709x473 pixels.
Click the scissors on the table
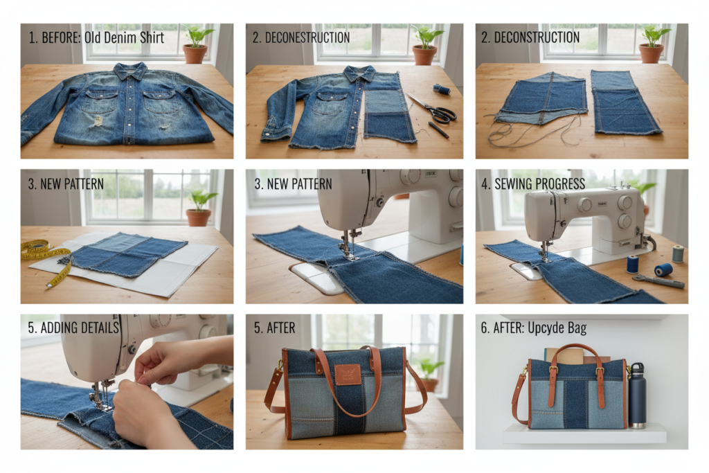pyautogui.click(x=433, y=109)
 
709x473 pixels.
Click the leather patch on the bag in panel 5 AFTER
pyautogui.click(x=348, y=374)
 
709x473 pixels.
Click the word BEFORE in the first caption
pyautogui.click(x=60, y=37)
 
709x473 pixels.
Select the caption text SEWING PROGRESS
pyautogui.click(x=537, y=184)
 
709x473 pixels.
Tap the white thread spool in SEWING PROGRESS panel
pyautogui.click(x=678, y=253)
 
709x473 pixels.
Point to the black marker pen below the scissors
pyautogui.click(x=438, y=130)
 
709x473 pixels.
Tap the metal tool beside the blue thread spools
pyautogui.click(x=658, y=281)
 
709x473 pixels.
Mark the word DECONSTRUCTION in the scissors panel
pyautogui.click(x=310, y=37)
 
